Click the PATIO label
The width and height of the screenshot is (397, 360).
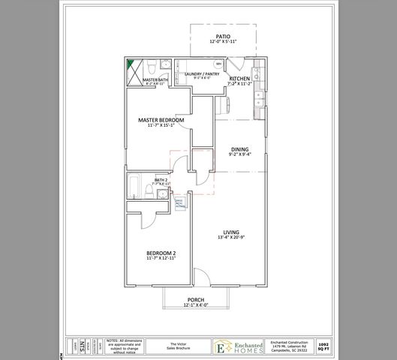[223, 35]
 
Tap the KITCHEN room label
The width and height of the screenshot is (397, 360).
[239, 79]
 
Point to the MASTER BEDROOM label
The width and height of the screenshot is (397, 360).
[161, 119]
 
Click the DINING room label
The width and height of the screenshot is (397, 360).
[239, 148]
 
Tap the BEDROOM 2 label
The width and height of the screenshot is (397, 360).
[161, 253]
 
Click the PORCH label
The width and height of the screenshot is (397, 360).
[196, 299]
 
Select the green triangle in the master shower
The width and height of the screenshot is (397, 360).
[130, 64]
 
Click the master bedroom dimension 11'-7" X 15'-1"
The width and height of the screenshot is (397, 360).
[161, 126]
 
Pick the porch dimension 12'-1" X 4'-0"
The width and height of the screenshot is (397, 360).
[196, 305]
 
